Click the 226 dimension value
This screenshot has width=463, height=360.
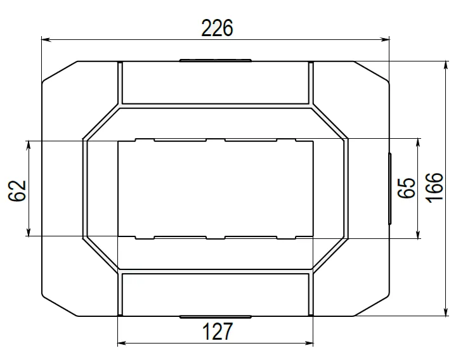[x=217, y=28]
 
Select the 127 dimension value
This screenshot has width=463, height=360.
[x=218, y=331]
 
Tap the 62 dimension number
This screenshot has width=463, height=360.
[x=17, y=191]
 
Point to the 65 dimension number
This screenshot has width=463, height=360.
[x=407, y=188]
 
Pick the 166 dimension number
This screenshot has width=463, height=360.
[x=434, y=187]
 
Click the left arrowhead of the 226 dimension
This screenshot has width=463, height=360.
[x=46, y=39]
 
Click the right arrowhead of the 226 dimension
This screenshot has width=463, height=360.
[x=384, y=39]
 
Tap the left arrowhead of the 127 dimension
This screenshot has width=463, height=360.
[x=122, y=343]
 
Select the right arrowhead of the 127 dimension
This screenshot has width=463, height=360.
[x=308, y=343]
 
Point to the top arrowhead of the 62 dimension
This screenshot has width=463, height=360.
[x=29, y=146]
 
